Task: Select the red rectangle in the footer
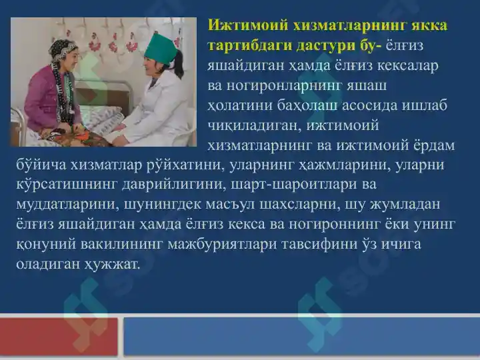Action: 59,337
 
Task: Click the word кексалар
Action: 407,65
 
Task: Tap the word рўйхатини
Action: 186,165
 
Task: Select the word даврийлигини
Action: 173,185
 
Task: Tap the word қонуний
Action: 46,244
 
